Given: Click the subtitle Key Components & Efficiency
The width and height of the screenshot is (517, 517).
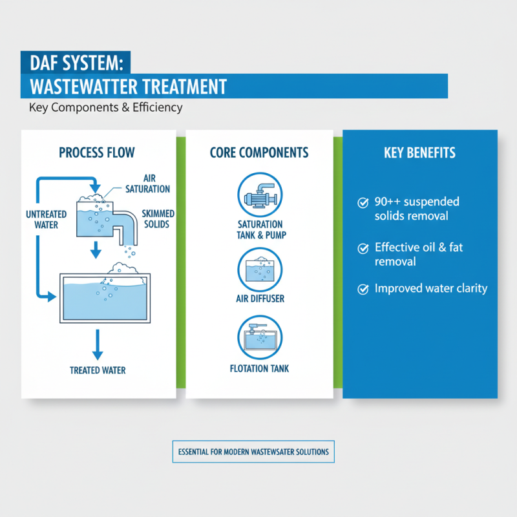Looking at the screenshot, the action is click(x=105, y=107).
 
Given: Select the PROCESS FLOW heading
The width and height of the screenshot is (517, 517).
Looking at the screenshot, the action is click(x=97, y=153).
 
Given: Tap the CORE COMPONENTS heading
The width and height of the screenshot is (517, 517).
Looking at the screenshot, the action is click(x=259, y=153).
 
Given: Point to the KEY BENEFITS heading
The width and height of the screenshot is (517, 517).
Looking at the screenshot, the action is click(x=419, y=153).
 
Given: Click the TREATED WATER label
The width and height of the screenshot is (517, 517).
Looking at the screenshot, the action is click(x=98, y=370).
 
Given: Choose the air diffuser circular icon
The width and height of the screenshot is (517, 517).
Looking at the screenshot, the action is click(x=259, y=269).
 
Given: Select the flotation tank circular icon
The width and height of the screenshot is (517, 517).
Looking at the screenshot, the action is click(x=259, y=337).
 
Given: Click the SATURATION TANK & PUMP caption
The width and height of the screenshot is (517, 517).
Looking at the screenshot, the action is click(x=259, y=229).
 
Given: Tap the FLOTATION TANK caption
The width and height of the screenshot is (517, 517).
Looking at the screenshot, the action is click(x=259, y=369).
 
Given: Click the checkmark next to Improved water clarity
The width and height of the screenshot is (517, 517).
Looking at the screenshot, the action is click(x=363, y=289).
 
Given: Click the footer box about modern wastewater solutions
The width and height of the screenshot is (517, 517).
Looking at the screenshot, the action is click(x=253, y=452).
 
